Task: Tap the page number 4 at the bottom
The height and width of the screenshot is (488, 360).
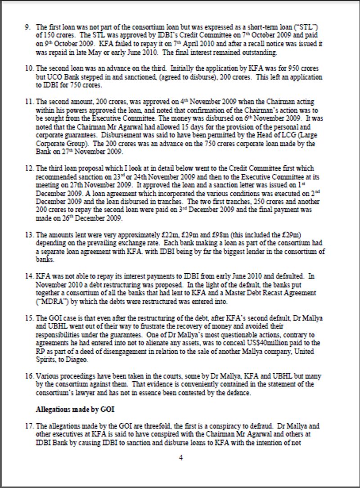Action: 180,458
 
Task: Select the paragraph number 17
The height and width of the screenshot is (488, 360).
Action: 28,425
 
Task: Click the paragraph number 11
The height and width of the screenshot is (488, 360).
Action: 28,102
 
